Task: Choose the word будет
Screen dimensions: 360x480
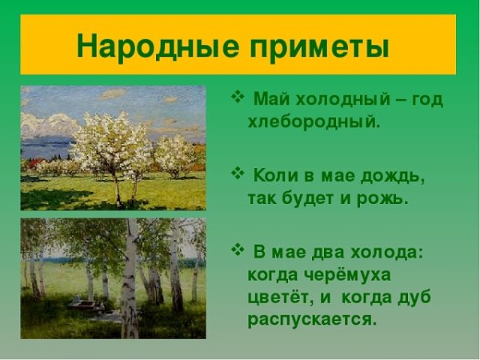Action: [x=309, y=198]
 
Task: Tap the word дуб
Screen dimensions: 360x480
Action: [x=413, y=298]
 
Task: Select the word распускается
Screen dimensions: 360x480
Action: [x=311, y=320]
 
